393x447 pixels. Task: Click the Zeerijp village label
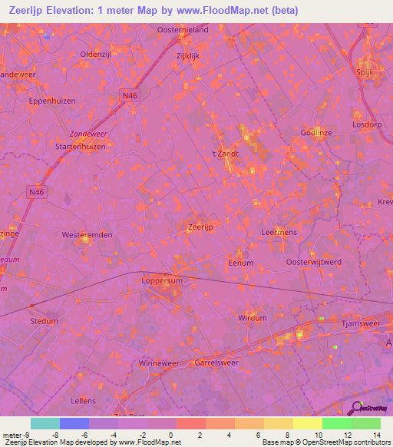click(200, 227)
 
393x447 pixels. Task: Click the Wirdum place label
click(253, 317)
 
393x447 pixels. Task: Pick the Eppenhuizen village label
click(50, 100)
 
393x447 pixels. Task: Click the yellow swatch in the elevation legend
click(307, 423)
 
